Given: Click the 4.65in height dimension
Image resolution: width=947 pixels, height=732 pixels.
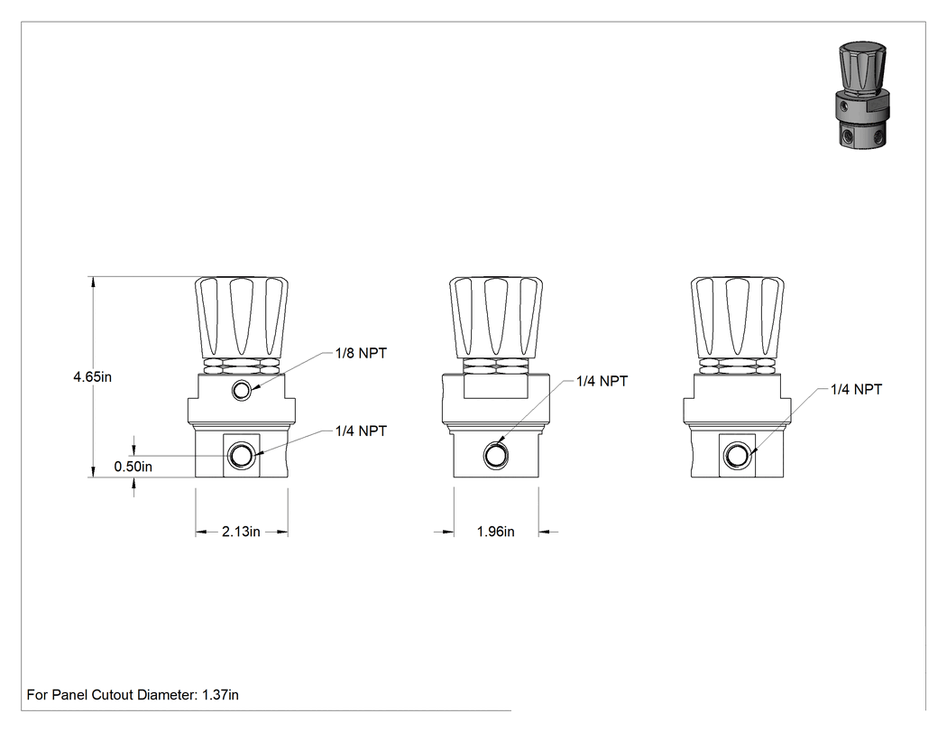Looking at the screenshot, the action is point(92,376).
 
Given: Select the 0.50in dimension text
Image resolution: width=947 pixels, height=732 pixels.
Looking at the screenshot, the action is point(133,467).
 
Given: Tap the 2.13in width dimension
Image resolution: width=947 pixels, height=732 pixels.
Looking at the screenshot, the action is point(241,532).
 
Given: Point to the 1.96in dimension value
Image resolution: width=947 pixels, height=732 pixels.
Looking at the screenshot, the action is point(496,532).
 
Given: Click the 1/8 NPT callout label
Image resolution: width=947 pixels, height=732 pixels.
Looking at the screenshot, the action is point(361,353).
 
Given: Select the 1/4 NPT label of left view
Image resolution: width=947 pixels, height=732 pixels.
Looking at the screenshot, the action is point(361,431).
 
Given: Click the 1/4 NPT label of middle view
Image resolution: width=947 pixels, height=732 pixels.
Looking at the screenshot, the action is point(602,382).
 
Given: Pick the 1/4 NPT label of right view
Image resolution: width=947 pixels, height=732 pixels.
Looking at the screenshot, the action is point(857,389).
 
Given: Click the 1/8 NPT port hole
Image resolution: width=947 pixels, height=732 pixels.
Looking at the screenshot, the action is point(242,391).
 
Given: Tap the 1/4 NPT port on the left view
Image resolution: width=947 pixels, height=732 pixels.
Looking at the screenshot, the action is point(242,455).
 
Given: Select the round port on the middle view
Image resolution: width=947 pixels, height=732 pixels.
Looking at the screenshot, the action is point(496,455).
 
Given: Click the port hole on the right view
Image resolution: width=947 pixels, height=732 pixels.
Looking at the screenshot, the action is point(737,455).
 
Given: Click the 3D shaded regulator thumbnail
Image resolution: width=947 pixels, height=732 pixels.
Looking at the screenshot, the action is point(863,96).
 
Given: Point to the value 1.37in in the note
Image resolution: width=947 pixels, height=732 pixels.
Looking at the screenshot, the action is point(220,695).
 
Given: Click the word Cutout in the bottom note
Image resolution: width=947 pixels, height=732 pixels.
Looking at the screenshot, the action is point(113,695).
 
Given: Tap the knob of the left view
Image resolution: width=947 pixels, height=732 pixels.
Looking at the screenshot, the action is point(242,317).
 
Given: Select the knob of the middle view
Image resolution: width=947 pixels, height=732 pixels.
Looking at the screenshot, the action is point(496,317).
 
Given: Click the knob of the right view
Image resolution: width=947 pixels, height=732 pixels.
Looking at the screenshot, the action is point(738,317).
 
